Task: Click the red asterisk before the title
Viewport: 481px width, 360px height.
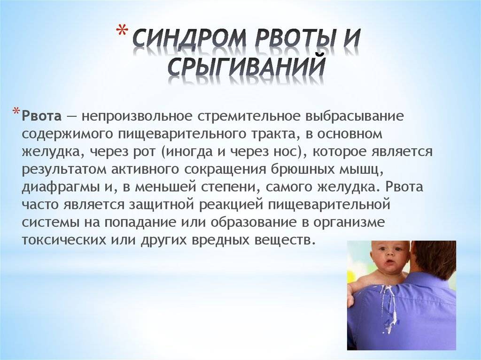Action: click(122, 31)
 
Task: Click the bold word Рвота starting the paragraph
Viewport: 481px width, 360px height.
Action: click(41, 116)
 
